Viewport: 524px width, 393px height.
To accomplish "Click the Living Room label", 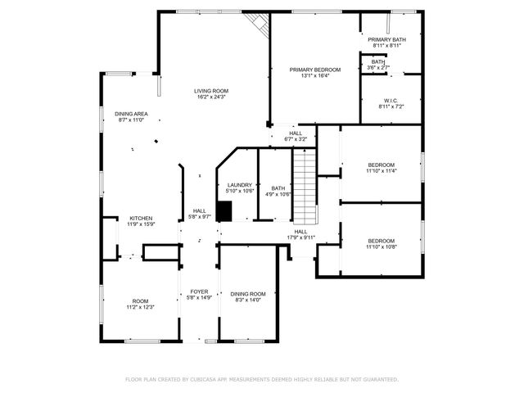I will (210, 91).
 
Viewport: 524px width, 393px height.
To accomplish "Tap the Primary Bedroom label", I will (314, 70).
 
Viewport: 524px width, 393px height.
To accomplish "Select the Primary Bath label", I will (386, 40).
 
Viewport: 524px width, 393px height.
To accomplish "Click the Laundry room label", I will (239, 185).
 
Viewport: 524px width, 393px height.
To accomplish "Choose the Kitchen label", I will (141, 219).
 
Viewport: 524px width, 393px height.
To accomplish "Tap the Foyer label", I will (199, 291).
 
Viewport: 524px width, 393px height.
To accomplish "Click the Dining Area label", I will (131, 114).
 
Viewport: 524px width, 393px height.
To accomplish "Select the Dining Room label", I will (247, 294).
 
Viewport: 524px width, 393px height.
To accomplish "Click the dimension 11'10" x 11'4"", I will (381, 171).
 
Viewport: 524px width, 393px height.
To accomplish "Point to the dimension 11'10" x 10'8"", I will (381, 246).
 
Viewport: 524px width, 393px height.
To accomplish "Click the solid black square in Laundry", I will (224, 211).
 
